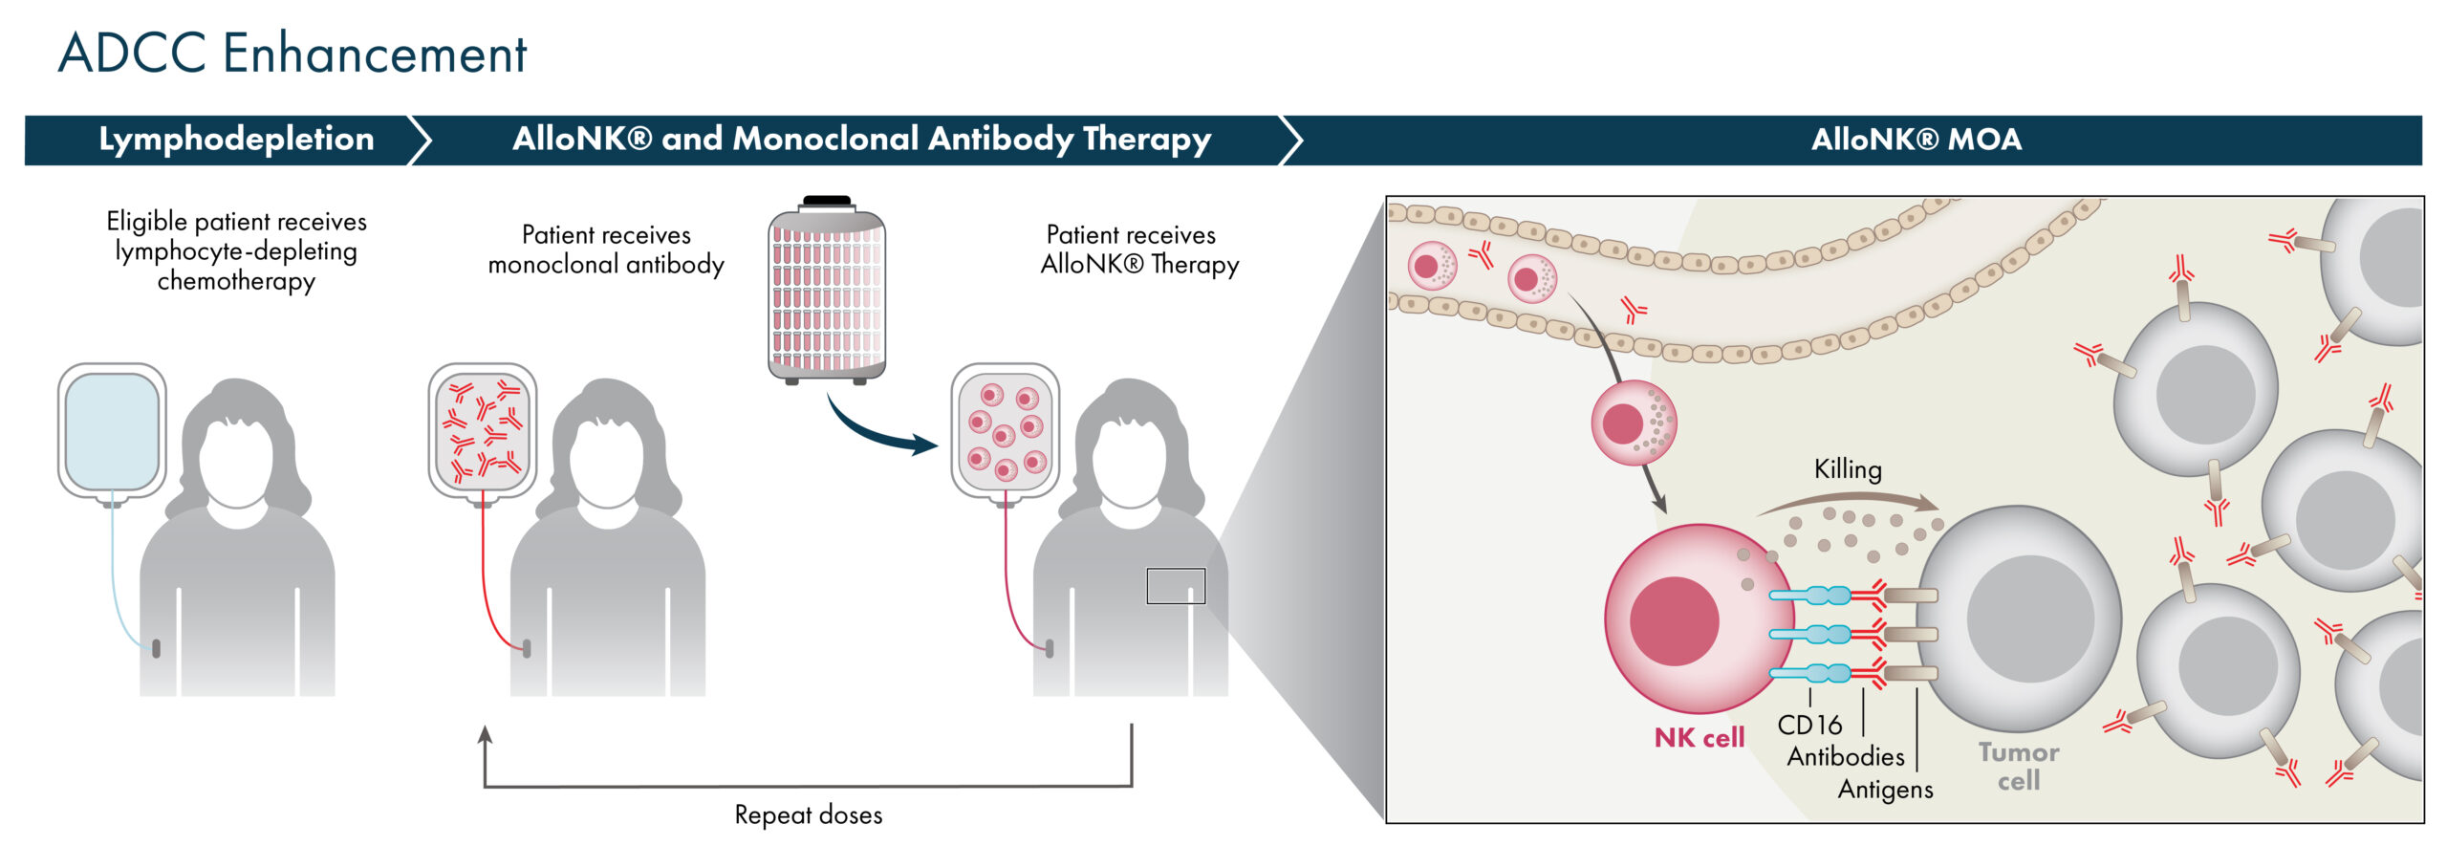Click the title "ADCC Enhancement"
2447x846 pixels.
[x=292, y=53]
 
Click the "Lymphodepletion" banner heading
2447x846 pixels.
[x=236, y=140]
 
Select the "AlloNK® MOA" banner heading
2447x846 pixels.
[x=1916, y=140]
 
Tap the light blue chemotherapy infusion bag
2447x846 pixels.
[x=112, y=432]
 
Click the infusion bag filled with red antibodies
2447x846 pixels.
[x=483, y=432]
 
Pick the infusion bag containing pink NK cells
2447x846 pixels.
[x=1005, y=432]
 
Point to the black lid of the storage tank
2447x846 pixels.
[x=827, y=201]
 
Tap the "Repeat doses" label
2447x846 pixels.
[x=808, y=814]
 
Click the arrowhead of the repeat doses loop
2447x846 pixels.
[x=485, y=734]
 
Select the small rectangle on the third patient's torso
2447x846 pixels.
[x=1176, y=586]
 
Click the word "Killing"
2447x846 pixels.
[x=1848, y=469]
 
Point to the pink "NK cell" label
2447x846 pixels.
[x=1699, y=738]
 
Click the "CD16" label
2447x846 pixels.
[x=1809, y=726]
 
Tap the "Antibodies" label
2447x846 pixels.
[x=1846, y=757]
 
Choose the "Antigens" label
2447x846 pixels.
[x=1885, y=790]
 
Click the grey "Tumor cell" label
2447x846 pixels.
[x=2019, y=767]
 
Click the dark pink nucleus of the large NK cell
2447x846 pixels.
[x=1674, y=620]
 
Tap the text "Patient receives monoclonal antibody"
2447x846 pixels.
[x=606, y=249]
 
